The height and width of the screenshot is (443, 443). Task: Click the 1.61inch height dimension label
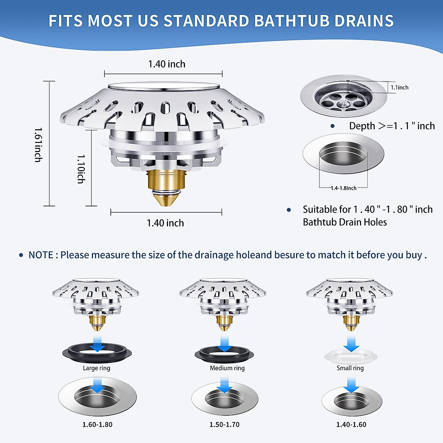pos(38,145)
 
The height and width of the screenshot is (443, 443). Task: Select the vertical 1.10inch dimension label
pos(81,169)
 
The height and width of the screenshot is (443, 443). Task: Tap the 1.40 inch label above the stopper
pos(166,64)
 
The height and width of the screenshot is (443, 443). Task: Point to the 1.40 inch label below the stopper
pos(165,223)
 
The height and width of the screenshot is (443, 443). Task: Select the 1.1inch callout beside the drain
pos(399,87)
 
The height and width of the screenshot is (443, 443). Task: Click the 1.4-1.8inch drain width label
pos(343,188)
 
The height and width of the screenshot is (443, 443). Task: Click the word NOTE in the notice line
pos(41,255)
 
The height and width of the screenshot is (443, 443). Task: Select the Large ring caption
pos(96,368)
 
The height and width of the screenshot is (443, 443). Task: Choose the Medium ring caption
pos(227,368)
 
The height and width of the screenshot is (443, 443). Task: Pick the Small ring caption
pos(350,368)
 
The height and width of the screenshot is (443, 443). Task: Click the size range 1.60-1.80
pos(97,425)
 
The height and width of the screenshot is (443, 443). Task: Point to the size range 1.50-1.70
pos(224,425)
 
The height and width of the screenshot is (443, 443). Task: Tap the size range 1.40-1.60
pos(351,425)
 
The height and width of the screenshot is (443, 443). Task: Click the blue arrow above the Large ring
pos(97,344)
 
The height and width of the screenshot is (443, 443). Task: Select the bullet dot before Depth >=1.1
pos(332,126)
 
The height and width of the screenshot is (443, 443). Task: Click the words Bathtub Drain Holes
pos(345,222)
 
